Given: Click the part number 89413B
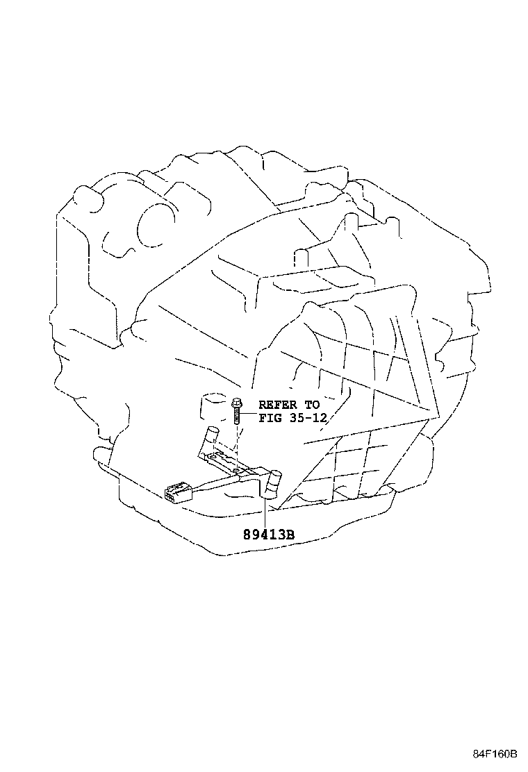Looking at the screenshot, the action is click(x=268, y=534).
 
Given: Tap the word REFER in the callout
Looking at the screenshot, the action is click(x=278, y=405).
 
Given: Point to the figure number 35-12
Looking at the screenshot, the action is click(x=308, y=419).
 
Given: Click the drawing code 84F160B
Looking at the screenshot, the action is click(x=494, y=753).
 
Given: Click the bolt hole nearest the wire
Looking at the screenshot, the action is click(x=237, y=471).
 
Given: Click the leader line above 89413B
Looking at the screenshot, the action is click(x=265, y=512).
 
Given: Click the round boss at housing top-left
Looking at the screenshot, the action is click(x=89, y=197).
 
